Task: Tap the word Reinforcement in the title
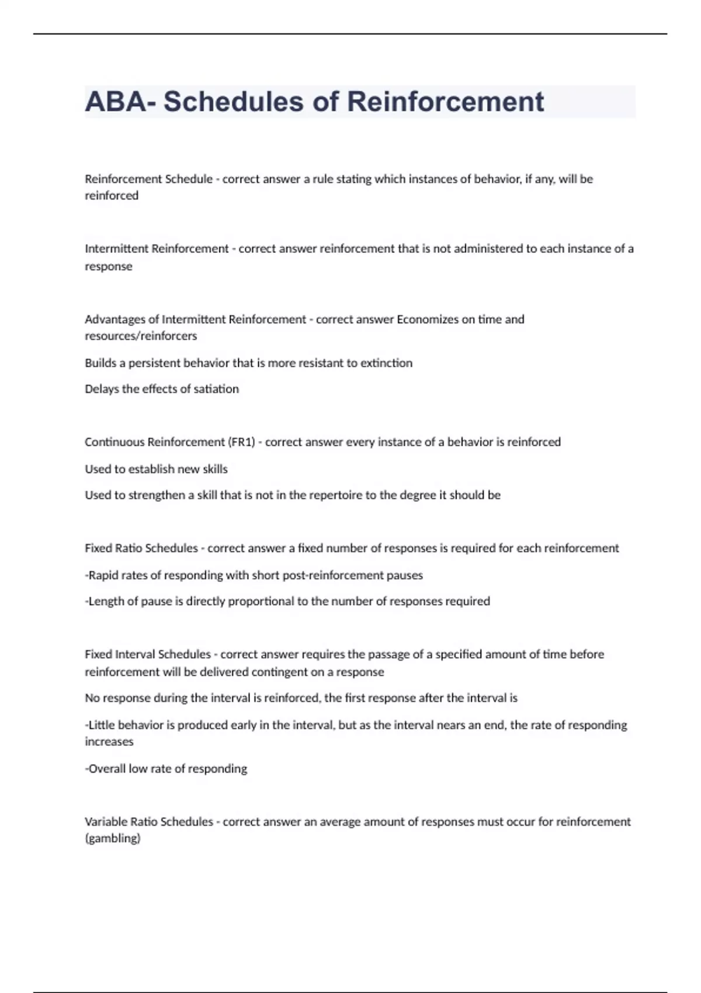pyautogui.click(x=446, y=102)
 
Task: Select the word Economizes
pyautogui.click(x=428, y=320)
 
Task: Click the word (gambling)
pyautogui.click(x=113, y=839)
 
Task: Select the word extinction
pyautogui.click(x=386, y=363)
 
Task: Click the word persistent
pyautogui.click(x=154, y=363)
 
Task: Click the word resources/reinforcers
pyautogui.click(x=141, y=336)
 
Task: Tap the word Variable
pyautogui.click(x=106, y=822)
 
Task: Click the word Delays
pyautogui.click(x=102, y=389)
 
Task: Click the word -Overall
pyautogui.click(x=106, y=769)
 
